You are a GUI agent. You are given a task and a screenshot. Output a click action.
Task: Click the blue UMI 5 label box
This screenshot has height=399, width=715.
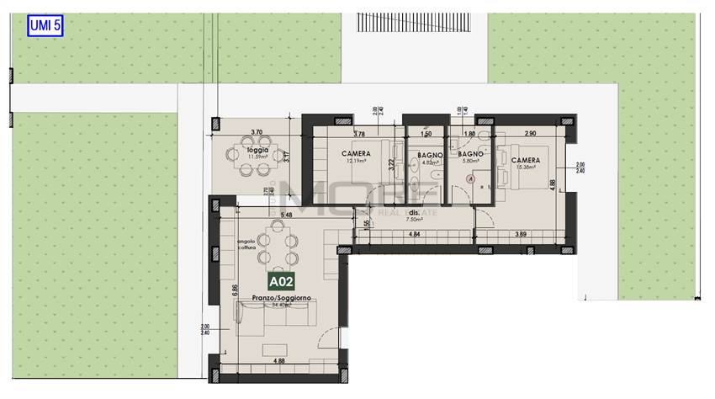pyautogui.click(x=45, y=25)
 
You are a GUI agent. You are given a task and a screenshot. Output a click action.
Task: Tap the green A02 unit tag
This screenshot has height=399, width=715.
pyautogui.click(x=282, y=282)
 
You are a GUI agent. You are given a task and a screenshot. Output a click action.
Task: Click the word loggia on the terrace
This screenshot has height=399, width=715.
pyautogui.click(x=258, y=150)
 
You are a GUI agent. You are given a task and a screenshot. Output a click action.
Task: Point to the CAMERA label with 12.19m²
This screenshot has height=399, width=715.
pyautogui.click(x=357, y=154)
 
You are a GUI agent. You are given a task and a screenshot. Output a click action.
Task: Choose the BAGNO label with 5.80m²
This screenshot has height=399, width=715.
pyautogui.click(x=470, y=155)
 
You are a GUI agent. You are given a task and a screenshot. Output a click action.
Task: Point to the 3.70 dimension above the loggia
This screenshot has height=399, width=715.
pyautogui.click(x=257, y=132)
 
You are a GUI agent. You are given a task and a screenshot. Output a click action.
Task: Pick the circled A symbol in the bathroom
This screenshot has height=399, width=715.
pyautogui.click(x=471, y=178)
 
